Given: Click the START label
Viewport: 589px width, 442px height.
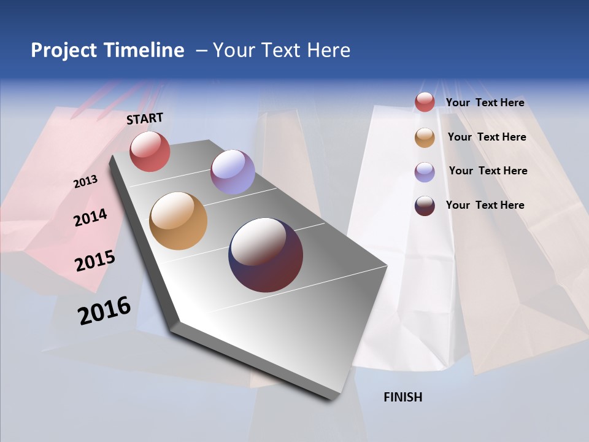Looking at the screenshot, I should (x=145, y=118).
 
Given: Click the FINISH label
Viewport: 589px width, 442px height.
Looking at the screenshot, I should (x=402, y=397).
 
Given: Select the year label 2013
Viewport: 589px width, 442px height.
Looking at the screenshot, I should (x=85, y=182).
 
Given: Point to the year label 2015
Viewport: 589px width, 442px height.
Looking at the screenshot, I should (x=94, y=261).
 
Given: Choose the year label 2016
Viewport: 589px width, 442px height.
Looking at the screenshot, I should (x=104, y=310).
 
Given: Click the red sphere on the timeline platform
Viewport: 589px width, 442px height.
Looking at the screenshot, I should (x=150, y=151).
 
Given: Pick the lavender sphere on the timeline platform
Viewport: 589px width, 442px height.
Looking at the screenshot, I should (x=233, y=172).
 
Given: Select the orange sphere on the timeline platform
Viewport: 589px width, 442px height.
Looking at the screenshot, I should (x=178, y=221).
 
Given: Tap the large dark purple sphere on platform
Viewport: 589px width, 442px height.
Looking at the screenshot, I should (x=266, y=255).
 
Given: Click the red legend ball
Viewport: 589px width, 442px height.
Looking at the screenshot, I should (x=425, y=102).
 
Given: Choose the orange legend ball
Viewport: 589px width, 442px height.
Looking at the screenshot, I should (x=425, y=138).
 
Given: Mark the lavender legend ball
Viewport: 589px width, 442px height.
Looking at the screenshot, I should (x=425, y=172).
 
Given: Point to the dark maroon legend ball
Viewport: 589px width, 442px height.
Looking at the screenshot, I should (x=425, y=206).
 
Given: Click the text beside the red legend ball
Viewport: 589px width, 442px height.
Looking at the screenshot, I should (x=485, y=103).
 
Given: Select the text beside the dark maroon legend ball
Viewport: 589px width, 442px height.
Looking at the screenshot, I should (x=485, y=205).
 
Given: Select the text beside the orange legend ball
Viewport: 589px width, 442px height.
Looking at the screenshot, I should (x=487, y=137).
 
